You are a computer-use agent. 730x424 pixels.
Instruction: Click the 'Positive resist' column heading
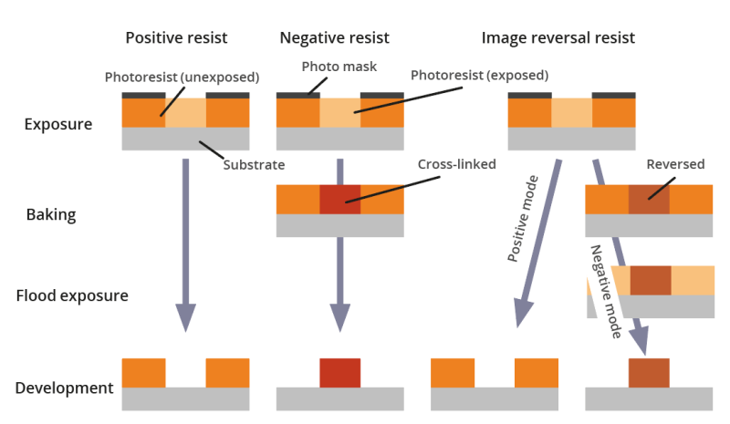pyautogui.click(x=176, y=38)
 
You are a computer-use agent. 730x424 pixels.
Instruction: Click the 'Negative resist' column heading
pyautogui.click(x=335, y=38)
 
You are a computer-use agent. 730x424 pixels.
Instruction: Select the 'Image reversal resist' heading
pyautogui.click(x=558, y=38)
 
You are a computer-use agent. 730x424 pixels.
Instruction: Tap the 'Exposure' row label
pyautogui.click(x=58, y=124)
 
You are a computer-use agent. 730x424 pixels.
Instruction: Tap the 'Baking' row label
pyautogui.click(x=51, y=215)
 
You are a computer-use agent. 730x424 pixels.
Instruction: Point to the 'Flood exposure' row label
pyautogui.click(x=72, y=295)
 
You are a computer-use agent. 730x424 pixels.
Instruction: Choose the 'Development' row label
pyautogui.click(x=64, y=388)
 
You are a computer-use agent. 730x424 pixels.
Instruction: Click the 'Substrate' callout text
pyautogui.click(x=255, y=165)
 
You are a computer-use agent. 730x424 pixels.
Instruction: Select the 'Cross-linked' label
pyautogui.click(x=456, y=165)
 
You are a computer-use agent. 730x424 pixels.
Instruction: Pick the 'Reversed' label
pyautogui.click(x=675, y=165)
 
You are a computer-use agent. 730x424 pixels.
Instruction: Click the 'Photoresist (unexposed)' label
pyautogui.click(x=182, y=77)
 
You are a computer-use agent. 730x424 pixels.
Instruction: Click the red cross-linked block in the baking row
pyautogui.click(x=339, y=200)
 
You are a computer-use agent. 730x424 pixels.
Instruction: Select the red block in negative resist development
pyautogui.click(x=339, y=373)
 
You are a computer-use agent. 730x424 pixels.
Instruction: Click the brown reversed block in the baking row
pyautogui.click(x=649, y=200)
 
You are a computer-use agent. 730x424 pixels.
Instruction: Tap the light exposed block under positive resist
pyautogui.click(x=185, y=112)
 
